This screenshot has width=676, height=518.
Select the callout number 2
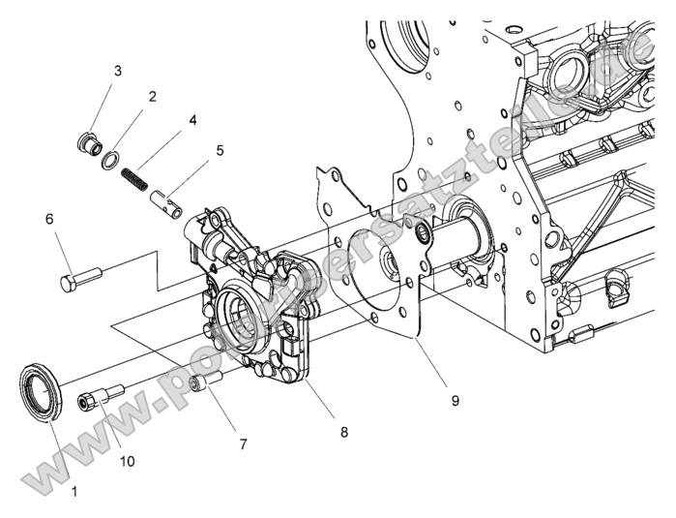coord(153,97)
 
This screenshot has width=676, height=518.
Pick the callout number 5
coord(220,150)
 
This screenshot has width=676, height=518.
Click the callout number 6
coord(49,219)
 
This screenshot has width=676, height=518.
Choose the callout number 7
coord(244,443)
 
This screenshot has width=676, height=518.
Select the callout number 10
coord(127,461)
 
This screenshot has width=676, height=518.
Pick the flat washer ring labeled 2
coord(112,159)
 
